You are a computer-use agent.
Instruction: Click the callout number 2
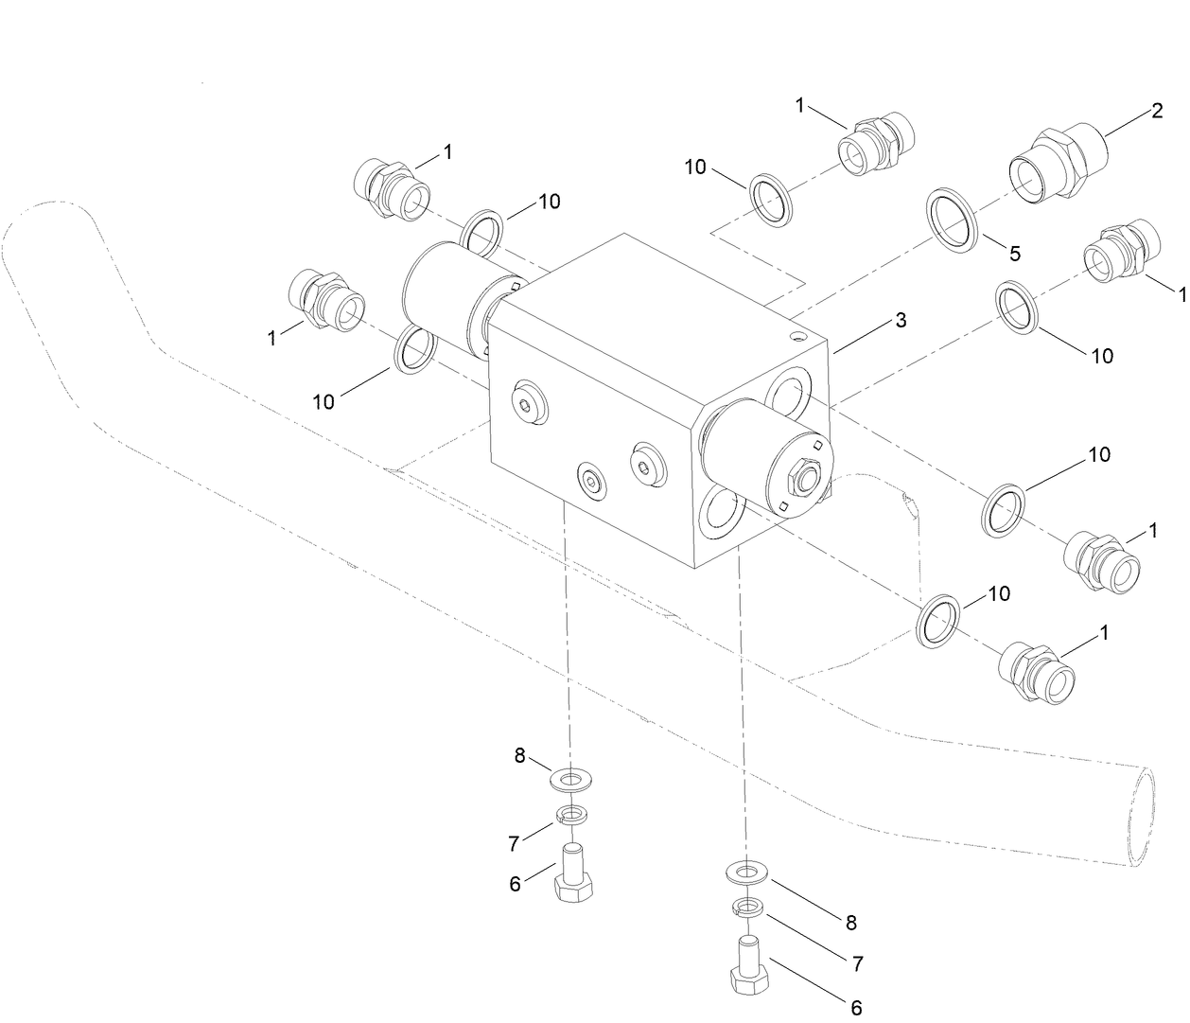point(1156,111)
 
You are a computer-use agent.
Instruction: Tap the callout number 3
point(901,321)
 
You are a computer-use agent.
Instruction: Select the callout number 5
point(1014,254)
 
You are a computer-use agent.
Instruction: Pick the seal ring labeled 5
point(952,220)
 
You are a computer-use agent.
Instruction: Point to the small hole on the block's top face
point(800,335)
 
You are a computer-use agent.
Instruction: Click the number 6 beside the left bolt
point(516,884)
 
